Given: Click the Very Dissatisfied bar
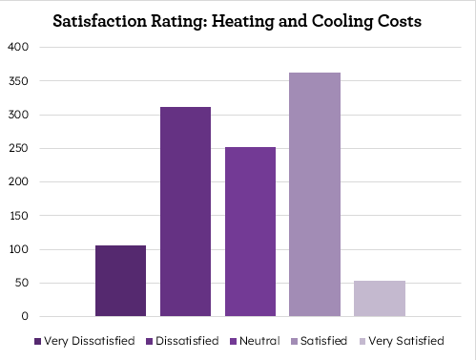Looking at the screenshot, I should pos(120,281).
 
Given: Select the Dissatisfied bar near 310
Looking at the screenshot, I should pos(185,211).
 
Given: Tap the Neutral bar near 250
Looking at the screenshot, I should pos(250,231).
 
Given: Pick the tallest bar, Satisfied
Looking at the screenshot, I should pos(315,194).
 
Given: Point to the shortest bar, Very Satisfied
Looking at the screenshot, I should pos(379,298).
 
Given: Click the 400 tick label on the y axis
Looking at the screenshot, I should pos(19,47).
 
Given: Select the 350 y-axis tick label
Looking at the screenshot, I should pos(19,81).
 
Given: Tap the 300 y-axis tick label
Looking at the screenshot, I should pos(19,115).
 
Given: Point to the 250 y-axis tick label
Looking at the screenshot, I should pos(19,148).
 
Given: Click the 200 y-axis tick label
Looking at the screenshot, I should pos(19,181).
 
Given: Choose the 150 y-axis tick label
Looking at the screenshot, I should pos(19,216).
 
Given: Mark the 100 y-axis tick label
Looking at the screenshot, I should pos(19,249).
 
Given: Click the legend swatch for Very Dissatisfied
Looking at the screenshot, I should pos(37,341).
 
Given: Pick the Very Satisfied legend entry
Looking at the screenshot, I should pos(406,341).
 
